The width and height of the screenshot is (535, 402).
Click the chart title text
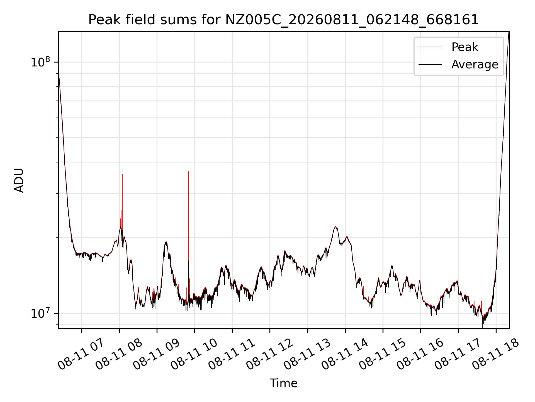click(x=283, y=20)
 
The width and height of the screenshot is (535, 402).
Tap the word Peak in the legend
click(x=465, y=47)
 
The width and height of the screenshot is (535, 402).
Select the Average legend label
click(x=475, y=64)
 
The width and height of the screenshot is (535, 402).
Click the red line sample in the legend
click(x=430, y=47)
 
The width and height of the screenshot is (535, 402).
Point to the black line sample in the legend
click(x=430, y=64)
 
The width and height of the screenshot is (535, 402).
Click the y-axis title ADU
click(x=19, y=180)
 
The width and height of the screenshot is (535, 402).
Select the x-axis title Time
click(x=283, y=383)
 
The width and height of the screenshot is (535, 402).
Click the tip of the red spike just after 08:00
click(x=122, y=174)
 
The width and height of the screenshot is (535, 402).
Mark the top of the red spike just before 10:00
click(x=188, y=172)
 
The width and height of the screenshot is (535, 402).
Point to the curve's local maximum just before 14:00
click(x=335, y=227)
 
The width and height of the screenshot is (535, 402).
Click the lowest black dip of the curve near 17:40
click(x=482, y=328)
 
